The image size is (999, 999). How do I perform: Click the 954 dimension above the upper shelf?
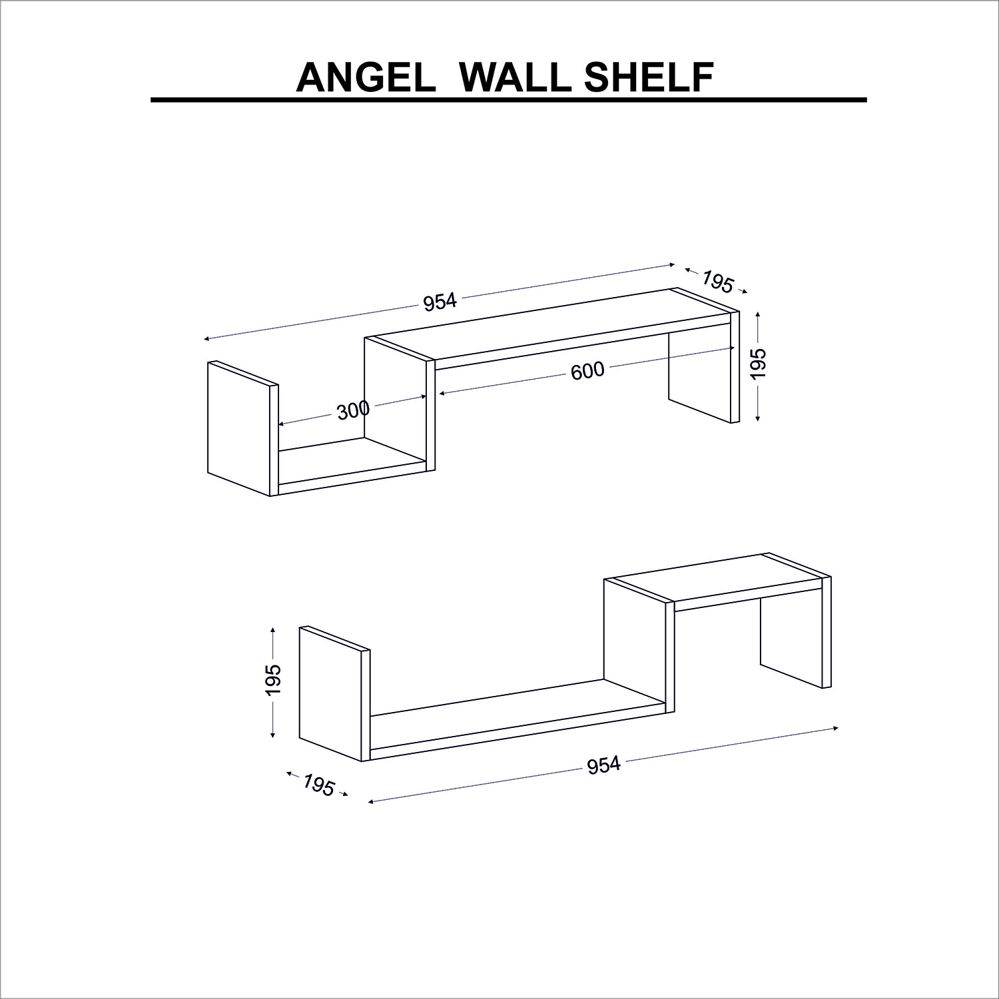440,302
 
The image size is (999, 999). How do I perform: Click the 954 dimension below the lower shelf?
603,766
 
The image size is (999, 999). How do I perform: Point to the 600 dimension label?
587,370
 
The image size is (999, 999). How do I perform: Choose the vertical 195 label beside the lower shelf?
273,680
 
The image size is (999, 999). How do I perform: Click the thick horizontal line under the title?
509,100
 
